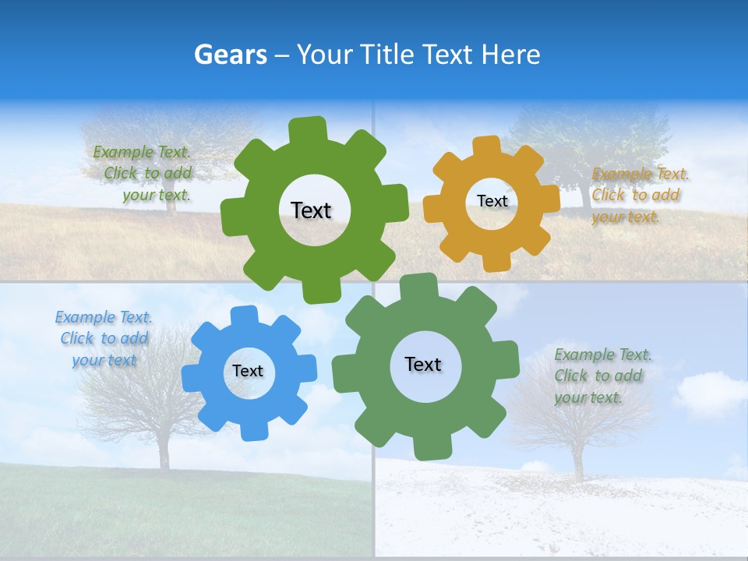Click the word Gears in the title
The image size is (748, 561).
[230, 55]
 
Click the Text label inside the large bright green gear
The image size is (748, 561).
[311, 210]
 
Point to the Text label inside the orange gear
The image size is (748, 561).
[492, 201]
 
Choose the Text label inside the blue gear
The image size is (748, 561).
[248, 372]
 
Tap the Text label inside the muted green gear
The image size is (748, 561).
[423, 365]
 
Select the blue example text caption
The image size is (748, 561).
[104, 339]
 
